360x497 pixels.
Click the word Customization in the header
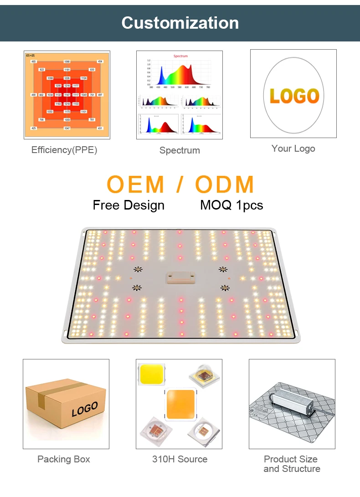tap(180, 23)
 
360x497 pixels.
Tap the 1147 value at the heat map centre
tap(67, 95)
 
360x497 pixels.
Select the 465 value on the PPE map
tap(33, 61)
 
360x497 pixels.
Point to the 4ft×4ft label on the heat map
tap(31, 55)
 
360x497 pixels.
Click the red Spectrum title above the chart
tap(180, 56)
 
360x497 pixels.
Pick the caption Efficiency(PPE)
tap(64, 150)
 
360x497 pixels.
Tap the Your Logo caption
tap(293, 149)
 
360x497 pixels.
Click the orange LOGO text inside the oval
tap(293, 96)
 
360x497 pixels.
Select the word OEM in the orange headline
tap(135, 184)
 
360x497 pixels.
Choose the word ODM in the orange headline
tap(225, 184)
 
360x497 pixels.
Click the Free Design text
tap(129, 205)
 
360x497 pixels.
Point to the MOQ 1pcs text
tap(231, 205)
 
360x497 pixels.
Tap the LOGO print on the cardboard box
tap(85, 409)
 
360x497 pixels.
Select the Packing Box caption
tap(64, 459)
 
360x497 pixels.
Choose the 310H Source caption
tap(180, 459)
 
